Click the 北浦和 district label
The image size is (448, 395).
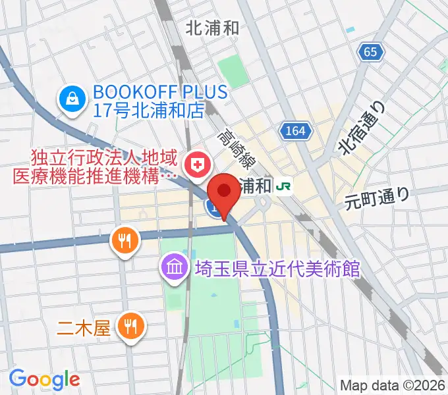click(x=212, y=28)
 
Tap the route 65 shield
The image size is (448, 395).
click(x=372, y=51)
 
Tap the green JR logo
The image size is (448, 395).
click(x=285, y=186)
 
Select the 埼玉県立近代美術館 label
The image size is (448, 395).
click(x=277, y=269)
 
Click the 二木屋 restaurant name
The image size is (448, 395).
click(x=92, y=327)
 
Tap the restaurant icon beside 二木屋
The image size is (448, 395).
click(x=130, y=325)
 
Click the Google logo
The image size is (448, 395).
click(x=44, y=379)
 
